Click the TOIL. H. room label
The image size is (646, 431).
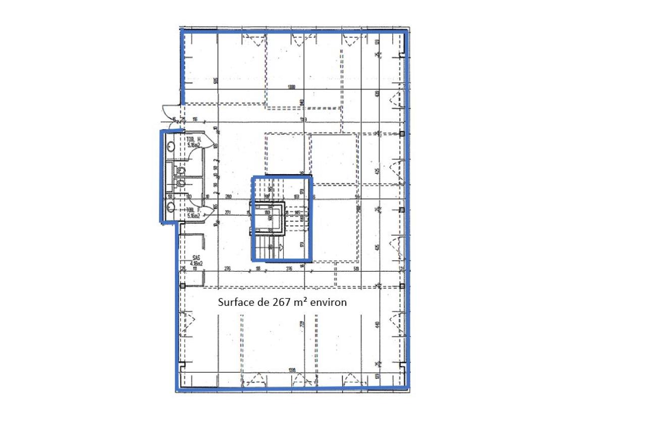[194, 139]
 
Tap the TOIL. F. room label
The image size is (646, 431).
[194, 210]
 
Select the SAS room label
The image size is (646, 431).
[196, 257]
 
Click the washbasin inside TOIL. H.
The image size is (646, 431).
[171, 146]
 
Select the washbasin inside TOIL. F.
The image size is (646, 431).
[171, 206]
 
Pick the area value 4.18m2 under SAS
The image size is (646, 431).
[196, 263]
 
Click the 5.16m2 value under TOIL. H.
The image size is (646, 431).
[194, 145]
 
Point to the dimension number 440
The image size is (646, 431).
[376, 326]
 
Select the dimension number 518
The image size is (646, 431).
[356, 270]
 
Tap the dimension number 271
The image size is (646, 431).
[228, 212]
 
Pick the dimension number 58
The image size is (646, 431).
[258, 270]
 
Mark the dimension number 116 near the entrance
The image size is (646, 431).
[194, 120]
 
